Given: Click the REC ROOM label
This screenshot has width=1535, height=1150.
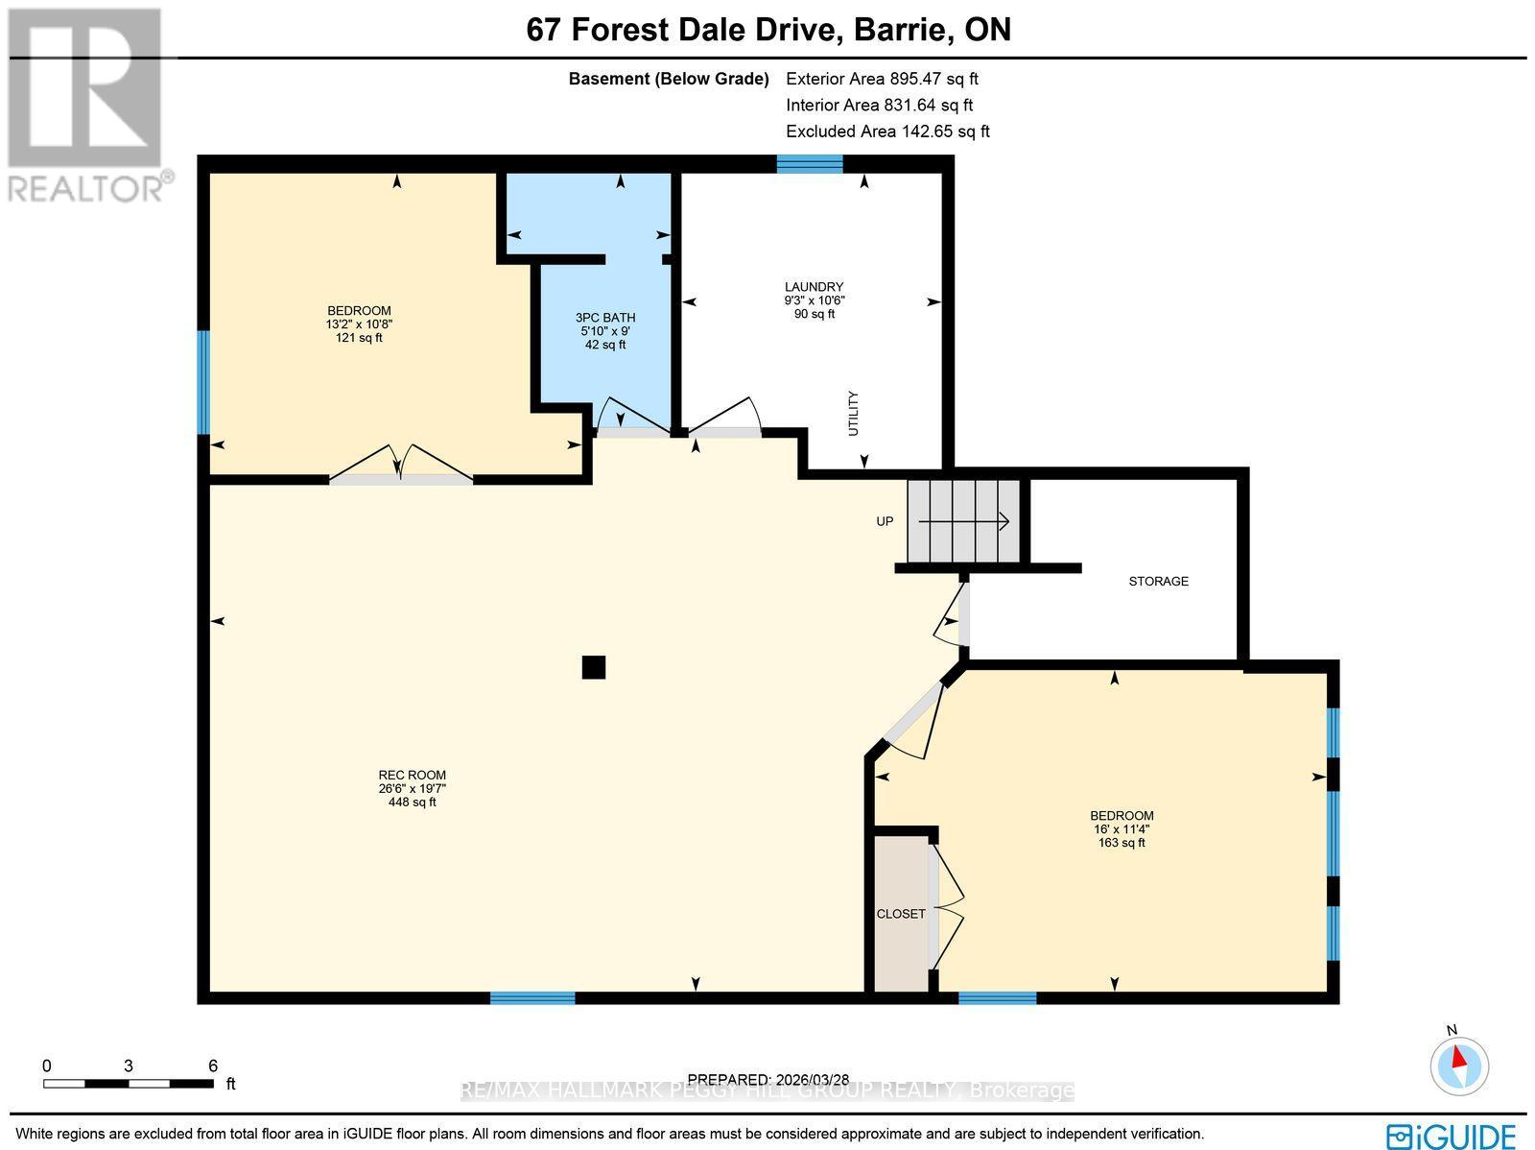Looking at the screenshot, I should [412, 776].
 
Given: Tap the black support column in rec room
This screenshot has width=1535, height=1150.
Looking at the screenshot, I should [594, 667].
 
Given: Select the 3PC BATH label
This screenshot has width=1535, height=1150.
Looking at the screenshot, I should [605, 318].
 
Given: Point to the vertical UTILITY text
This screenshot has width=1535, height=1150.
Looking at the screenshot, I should [854, 414].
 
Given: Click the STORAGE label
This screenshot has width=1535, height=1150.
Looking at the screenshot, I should [1158, 581].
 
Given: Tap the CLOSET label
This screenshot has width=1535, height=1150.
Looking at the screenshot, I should [901, 914].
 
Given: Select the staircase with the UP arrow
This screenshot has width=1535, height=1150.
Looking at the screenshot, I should [963, 521].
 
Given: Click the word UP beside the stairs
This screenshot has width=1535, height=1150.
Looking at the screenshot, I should [885, 521].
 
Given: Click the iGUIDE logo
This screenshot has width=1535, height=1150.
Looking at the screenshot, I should [1450, 1136].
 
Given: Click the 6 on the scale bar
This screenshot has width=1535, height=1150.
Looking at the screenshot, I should [213, 1066].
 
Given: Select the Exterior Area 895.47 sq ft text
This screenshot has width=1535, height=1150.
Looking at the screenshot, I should [882, 80].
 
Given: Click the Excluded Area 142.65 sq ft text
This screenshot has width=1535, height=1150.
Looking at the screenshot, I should [887, 132].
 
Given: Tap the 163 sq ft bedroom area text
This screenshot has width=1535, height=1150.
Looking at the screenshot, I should [1122, 843].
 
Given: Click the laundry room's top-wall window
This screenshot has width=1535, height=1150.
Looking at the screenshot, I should [810, 164].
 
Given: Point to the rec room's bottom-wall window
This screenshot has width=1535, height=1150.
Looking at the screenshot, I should [532, 998].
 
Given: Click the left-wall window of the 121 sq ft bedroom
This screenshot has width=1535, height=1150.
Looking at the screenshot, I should [203, 382].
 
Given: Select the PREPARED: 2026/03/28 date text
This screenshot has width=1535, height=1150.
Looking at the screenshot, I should [768, 1080].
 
